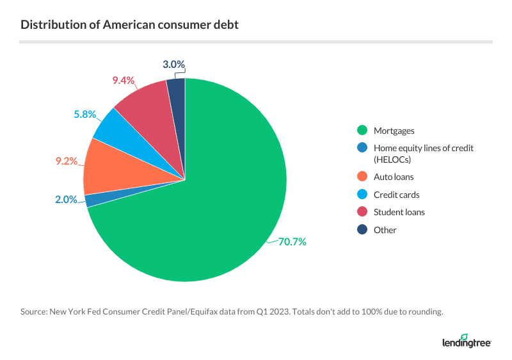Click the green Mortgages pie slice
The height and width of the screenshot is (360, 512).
tap(211, 211)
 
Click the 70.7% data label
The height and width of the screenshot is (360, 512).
tap(292, 241)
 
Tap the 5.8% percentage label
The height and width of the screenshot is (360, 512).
tap(84, 115)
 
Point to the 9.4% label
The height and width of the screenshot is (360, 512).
tap(123, 80)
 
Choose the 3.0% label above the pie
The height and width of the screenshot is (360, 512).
tap(173, 64)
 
